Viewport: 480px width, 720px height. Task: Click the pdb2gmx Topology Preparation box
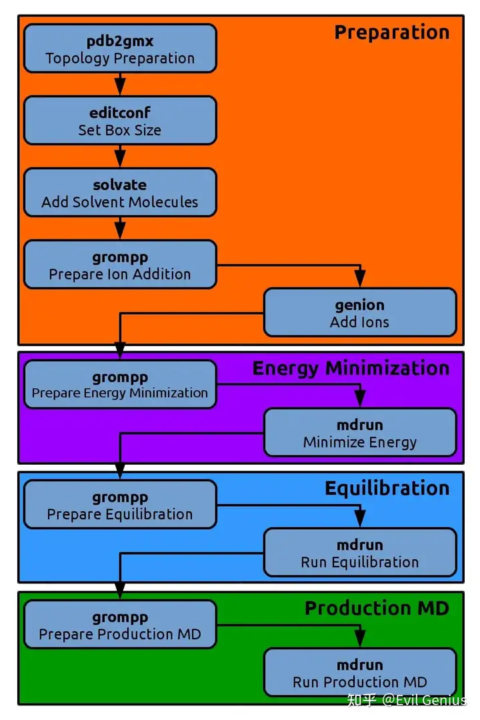(x=120, y=49)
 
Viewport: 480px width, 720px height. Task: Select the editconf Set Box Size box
(x=120, y=120)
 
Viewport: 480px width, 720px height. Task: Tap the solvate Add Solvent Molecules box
(x=120, y=193)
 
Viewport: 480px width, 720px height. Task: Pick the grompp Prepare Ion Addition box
(x=120, y=265)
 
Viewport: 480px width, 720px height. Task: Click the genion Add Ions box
(x=359, y=312)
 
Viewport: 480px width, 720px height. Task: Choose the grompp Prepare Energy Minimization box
(x=120, y=385)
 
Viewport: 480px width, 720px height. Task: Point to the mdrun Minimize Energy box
(x=359, y=432)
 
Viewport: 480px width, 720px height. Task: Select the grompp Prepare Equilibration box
(x=120, y=504)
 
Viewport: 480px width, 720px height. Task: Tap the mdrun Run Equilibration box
(x=359, y=553)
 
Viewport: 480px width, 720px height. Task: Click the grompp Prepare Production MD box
(x=120, y=625)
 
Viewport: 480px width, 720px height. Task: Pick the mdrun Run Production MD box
(x=359, y=672)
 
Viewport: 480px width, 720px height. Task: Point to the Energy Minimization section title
(x=351, y=369)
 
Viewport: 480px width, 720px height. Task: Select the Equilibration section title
(x=387, y=489)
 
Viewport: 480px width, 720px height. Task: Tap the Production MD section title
(x=377, y=609)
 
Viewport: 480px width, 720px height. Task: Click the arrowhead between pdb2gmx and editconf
(x=120, y=87)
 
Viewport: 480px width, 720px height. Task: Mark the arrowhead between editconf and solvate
(x=120, y=159)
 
